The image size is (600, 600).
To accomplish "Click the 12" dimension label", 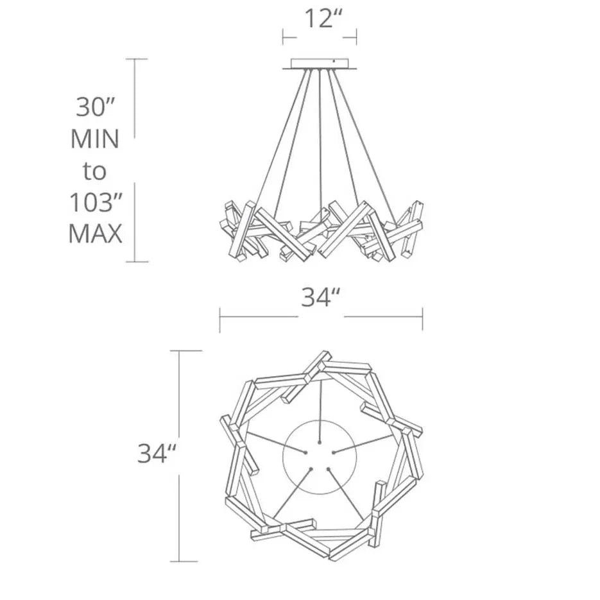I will [x=320, y=19].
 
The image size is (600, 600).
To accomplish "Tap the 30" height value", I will [x=95, y=107].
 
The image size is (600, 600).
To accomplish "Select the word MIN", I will [x=95, y=139].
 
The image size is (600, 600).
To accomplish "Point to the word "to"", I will [x=95, y=171].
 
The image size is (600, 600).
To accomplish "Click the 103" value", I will [x=95, y=203].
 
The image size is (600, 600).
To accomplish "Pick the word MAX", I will [x=95, y=234].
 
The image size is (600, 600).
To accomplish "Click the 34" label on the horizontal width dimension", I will [x=320, y=297].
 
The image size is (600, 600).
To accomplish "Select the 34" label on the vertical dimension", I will [x=157, y=454].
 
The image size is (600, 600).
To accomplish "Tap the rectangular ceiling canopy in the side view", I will [x=320, y=64].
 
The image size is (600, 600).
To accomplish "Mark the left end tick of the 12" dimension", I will [x=283, y=37].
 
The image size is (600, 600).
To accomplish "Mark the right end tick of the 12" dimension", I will [x=357, y=37].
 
